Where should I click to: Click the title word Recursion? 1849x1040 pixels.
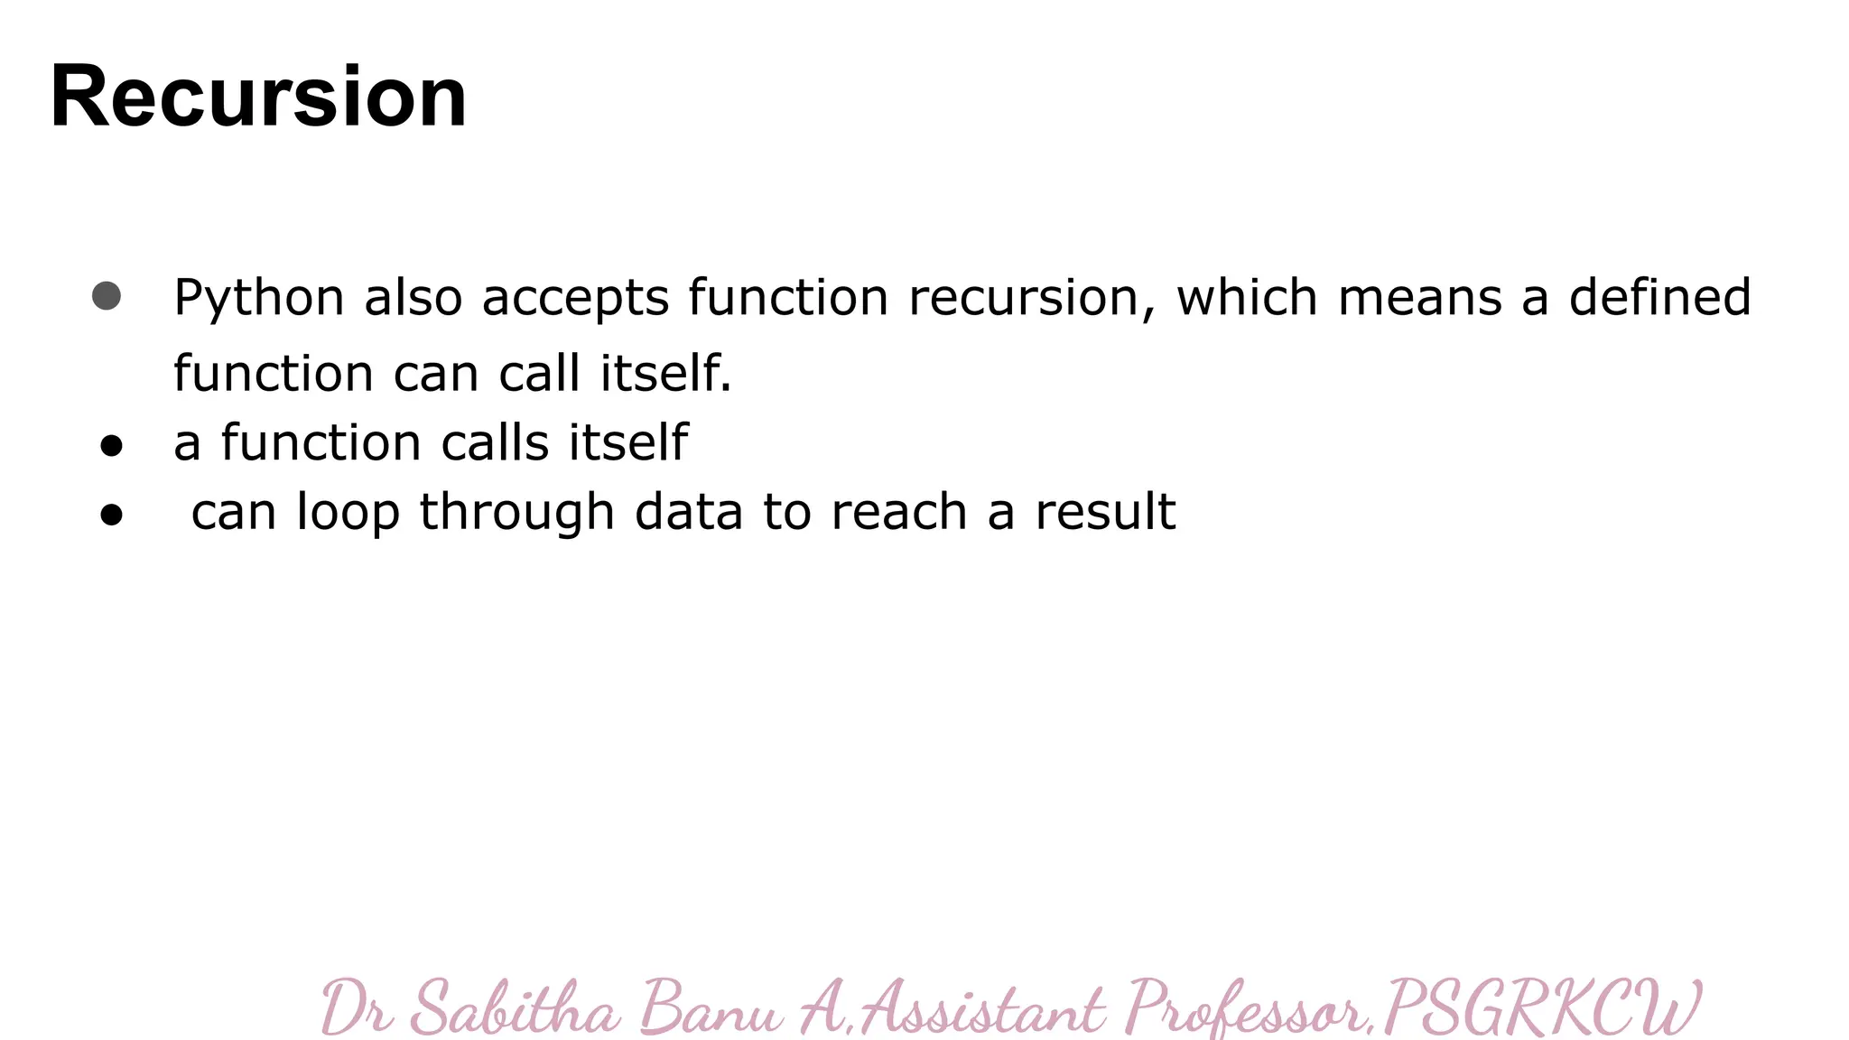click(x=259, y=97)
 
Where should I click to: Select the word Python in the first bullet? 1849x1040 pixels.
click(x=259, y=298)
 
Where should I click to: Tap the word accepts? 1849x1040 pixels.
click(x=575, y=299)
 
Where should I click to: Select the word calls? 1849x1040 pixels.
click(x=495, y=442)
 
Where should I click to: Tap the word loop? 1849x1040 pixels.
click(x=348, y=513)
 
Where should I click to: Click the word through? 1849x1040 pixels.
click(x=517, y=513)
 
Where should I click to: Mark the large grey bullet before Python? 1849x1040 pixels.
click(x=107, y=296)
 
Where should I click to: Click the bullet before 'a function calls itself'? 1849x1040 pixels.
click(x=111, y=445)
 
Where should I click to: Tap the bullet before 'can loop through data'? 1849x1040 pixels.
click(x=111, y=515)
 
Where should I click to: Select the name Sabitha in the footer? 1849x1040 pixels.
click(x=516, y=1007)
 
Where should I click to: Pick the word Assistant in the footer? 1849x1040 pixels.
click(x=983, y=1007)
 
